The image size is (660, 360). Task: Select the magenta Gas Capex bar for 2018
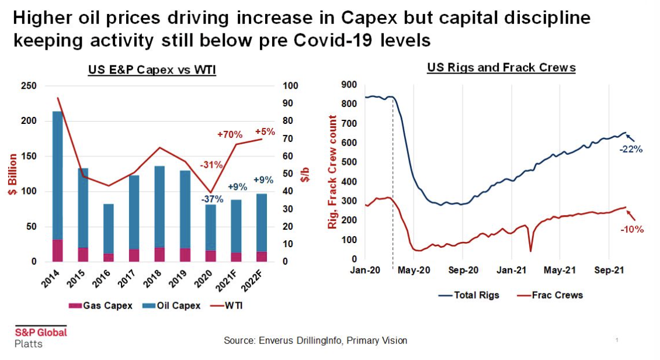159,254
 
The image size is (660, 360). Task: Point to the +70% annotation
229,134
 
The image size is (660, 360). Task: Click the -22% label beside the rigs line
631,149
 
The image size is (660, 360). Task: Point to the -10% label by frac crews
631,229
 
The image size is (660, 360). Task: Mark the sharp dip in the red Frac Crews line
530,251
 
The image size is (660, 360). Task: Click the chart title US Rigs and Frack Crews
501,68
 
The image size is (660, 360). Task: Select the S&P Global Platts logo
40,337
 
